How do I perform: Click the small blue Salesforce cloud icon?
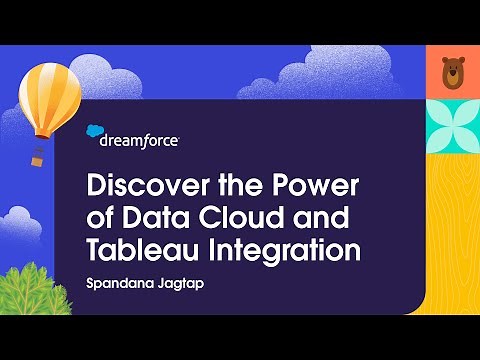(x=96, y=130)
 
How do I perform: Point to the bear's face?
(x=452, y=72)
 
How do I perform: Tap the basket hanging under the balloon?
(x=39, y=157)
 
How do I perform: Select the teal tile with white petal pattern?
(x=452, y=124)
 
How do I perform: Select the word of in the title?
(x=101, y=216)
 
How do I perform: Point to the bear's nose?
(x=452, y=77)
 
